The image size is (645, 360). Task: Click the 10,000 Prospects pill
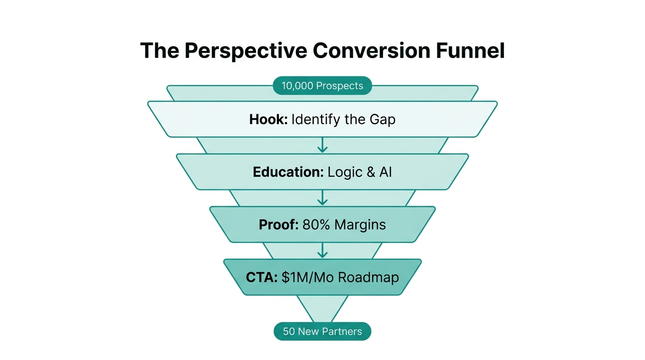322,86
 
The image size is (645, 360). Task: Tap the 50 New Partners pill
322,331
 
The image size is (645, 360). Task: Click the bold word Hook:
268,120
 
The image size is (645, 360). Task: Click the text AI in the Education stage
385,172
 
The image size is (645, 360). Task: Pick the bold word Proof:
278,225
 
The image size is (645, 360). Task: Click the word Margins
360,225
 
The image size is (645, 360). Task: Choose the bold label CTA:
262,277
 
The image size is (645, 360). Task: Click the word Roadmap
368,277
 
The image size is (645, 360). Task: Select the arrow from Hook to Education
322,145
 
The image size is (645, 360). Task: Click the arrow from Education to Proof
322,198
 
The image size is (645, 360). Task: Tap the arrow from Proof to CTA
322,250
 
